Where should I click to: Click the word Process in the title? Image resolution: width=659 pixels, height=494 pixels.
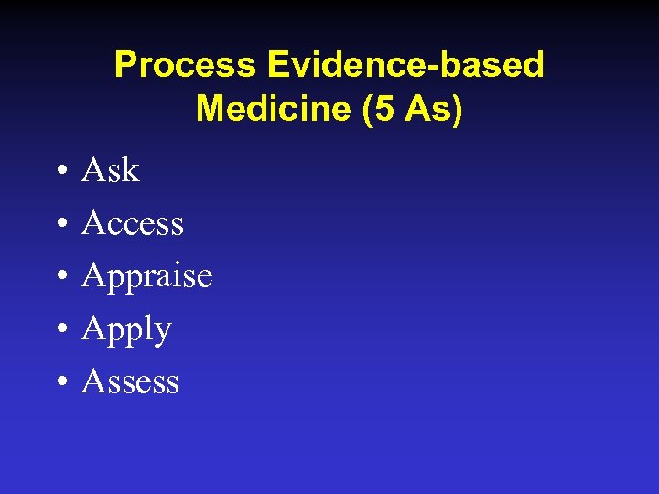pos(185,65)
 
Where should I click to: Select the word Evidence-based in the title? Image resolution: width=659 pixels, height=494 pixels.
pos(405,65)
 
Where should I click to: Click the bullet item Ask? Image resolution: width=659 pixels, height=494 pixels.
pos(110,170)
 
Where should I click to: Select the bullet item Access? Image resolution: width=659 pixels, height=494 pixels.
pos(133,223)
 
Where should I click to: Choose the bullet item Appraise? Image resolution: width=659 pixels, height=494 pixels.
pos(146,276)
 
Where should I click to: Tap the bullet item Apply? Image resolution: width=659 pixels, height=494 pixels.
pos(126,329)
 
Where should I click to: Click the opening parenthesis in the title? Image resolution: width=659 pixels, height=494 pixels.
pos(351,110)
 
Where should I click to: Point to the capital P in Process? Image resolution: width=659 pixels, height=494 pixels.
pos(124,65)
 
